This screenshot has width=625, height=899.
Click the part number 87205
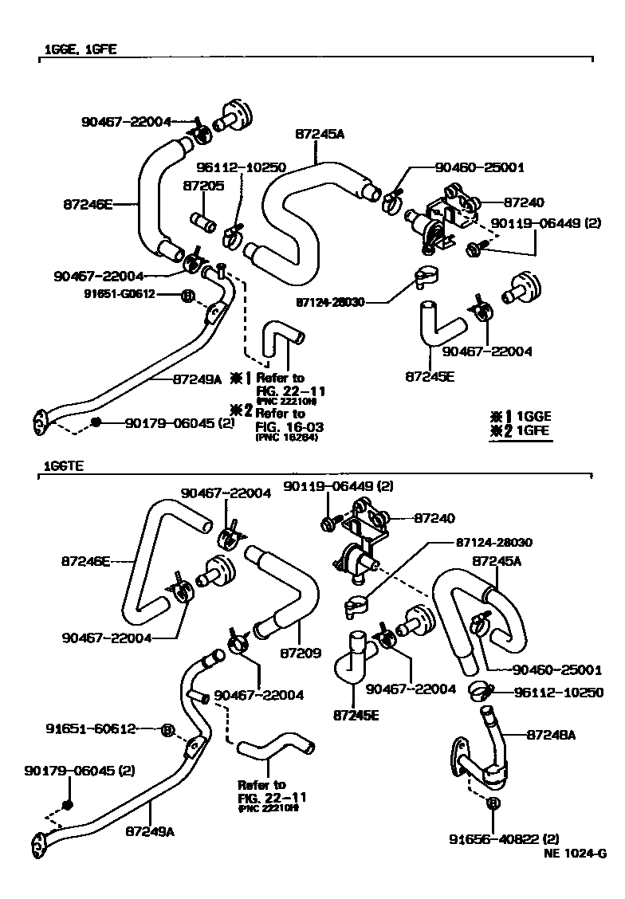click(202, 186)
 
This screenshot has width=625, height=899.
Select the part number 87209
click(301, 654)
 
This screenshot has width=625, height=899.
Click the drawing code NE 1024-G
click(575, 854)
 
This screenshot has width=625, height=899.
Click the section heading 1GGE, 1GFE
click(80, 49)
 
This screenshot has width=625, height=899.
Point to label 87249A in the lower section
click(150, 830)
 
